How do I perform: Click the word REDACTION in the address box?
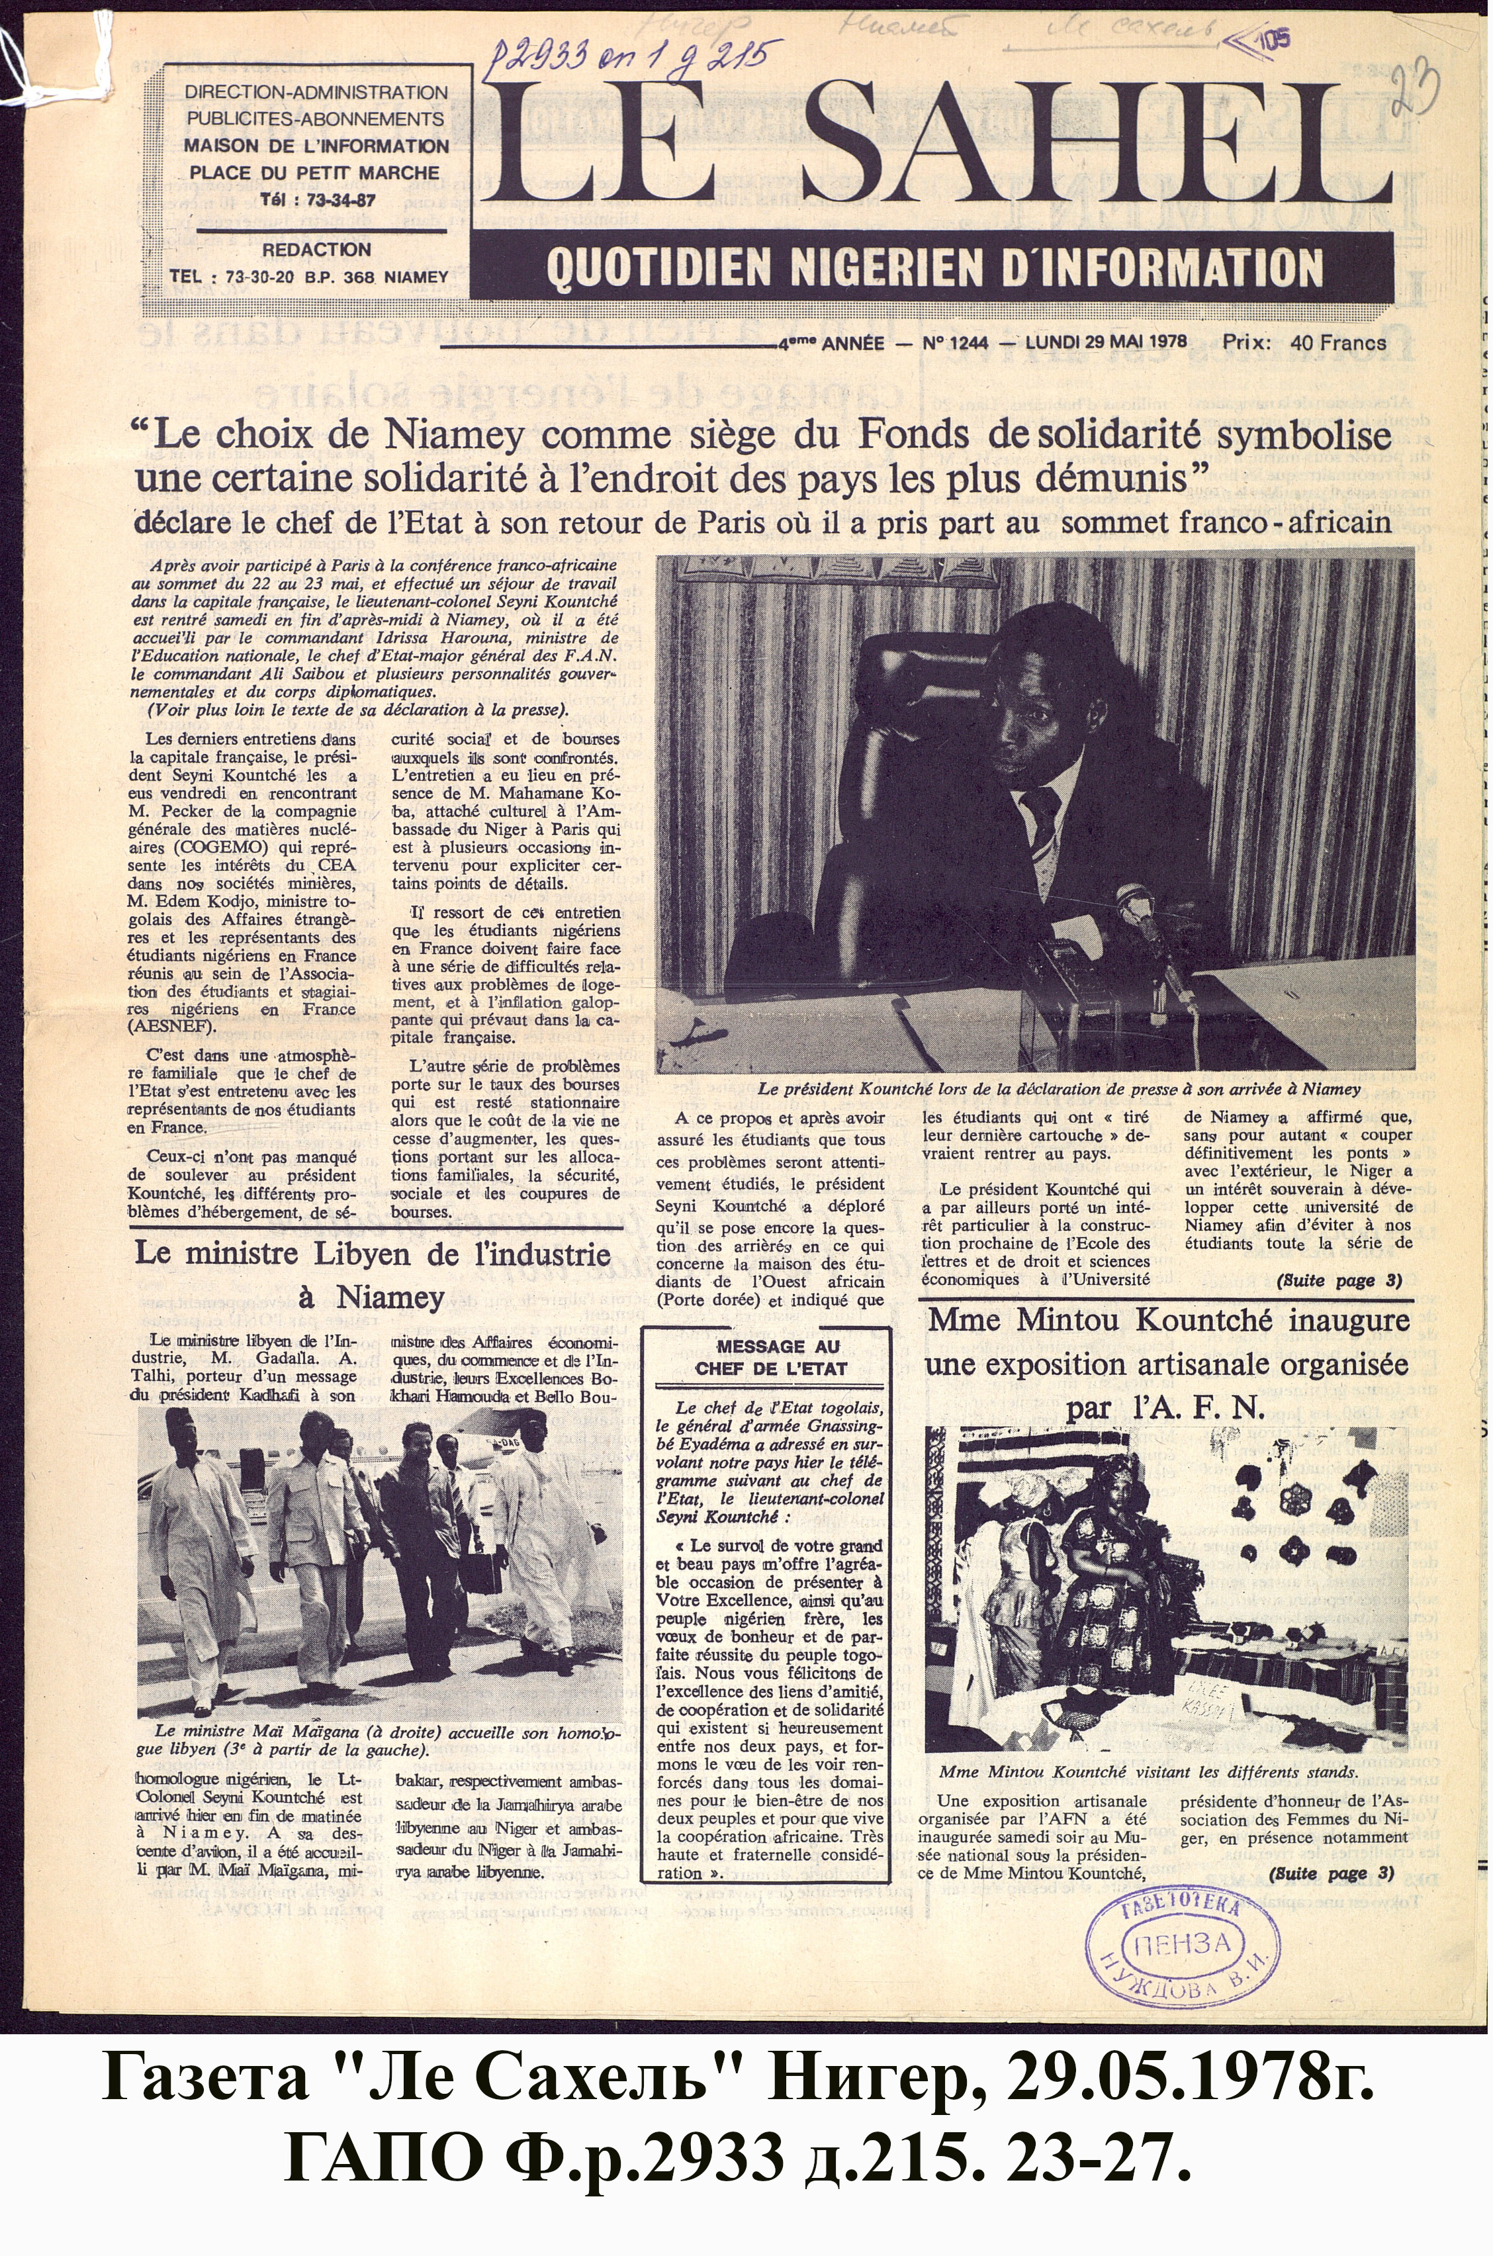pos(316,250)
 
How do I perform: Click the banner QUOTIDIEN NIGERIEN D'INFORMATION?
pos(934,269)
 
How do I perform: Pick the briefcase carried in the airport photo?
pos(480,1572)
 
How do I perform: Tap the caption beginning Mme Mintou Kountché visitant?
pos(1148,1772)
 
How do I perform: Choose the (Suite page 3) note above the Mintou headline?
pos(1339,1280)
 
